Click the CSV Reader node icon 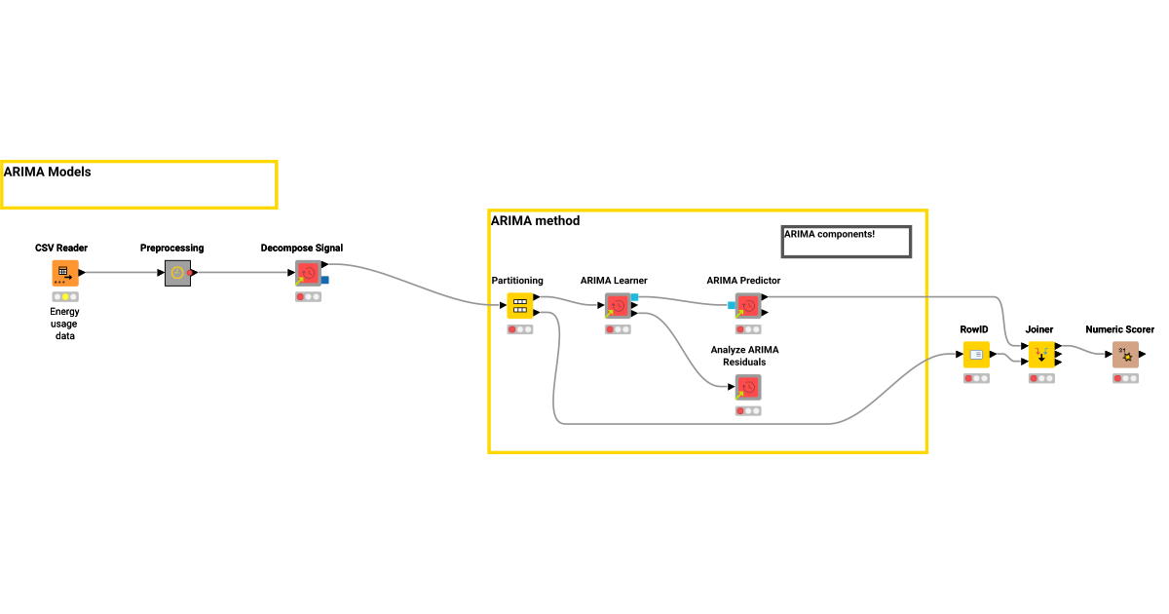65,273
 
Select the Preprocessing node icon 176,273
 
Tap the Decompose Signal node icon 308,273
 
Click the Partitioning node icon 520,306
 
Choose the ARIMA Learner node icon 617,306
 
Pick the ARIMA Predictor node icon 747,306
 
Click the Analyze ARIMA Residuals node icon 747,387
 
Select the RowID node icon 976,355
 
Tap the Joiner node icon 1041,355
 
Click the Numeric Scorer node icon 1125,355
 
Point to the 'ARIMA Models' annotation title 47,172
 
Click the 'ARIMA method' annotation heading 535,221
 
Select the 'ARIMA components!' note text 829,234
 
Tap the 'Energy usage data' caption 64,324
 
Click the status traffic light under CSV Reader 65,296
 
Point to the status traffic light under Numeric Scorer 1125,378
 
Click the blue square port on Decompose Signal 325,281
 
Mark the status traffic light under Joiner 1041,378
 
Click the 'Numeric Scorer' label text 1119,329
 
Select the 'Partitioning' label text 517,281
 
